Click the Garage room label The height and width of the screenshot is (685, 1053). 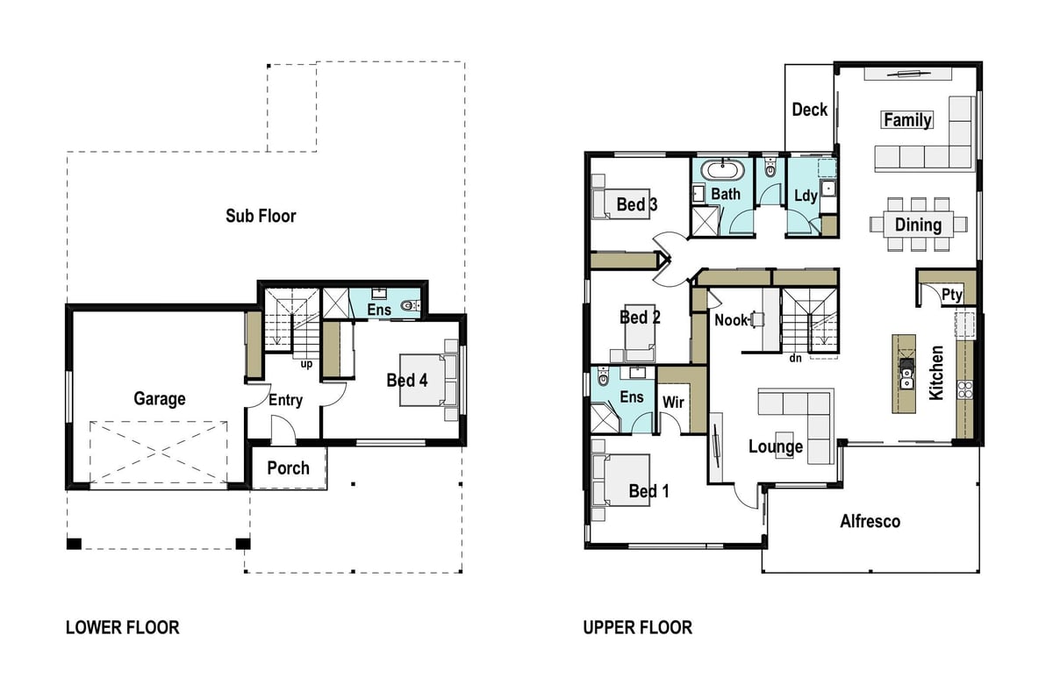click(160, 399)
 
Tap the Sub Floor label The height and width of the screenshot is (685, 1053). click(261, 216)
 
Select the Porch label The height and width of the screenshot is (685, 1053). click(288, 468)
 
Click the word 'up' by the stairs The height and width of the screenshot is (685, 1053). click(306, 364)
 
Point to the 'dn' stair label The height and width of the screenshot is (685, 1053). click(795, 358)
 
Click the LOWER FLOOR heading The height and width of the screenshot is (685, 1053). click(123, 628)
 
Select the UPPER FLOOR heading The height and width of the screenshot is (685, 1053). click(638, 628)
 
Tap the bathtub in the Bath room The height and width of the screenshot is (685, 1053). click(722, 170)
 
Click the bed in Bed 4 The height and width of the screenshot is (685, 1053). click(422, 380)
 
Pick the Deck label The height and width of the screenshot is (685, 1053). click(809, 110)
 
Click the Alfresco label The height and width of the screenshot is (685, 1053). click(870, 522)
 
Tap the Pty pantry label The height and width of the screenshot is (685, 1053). click(952, 295)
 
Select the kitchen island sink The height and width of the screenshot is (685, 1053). click(906, 379)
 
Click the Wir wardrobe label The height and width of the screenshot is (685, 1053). click(673, 403)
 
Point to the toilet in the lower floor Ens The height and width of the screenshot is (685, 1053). click(411, 306)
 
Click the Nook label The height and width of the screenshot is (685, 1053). click(732, 320)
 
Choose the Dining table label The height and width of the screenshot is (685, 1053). click(918, 225)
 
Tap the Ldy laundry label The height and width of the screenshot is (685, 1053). click(806, 196)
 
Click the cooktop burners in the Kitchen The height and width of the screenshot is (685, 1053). click(965, 390)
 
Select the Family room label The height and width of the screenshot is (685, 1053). click(907, 120)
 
